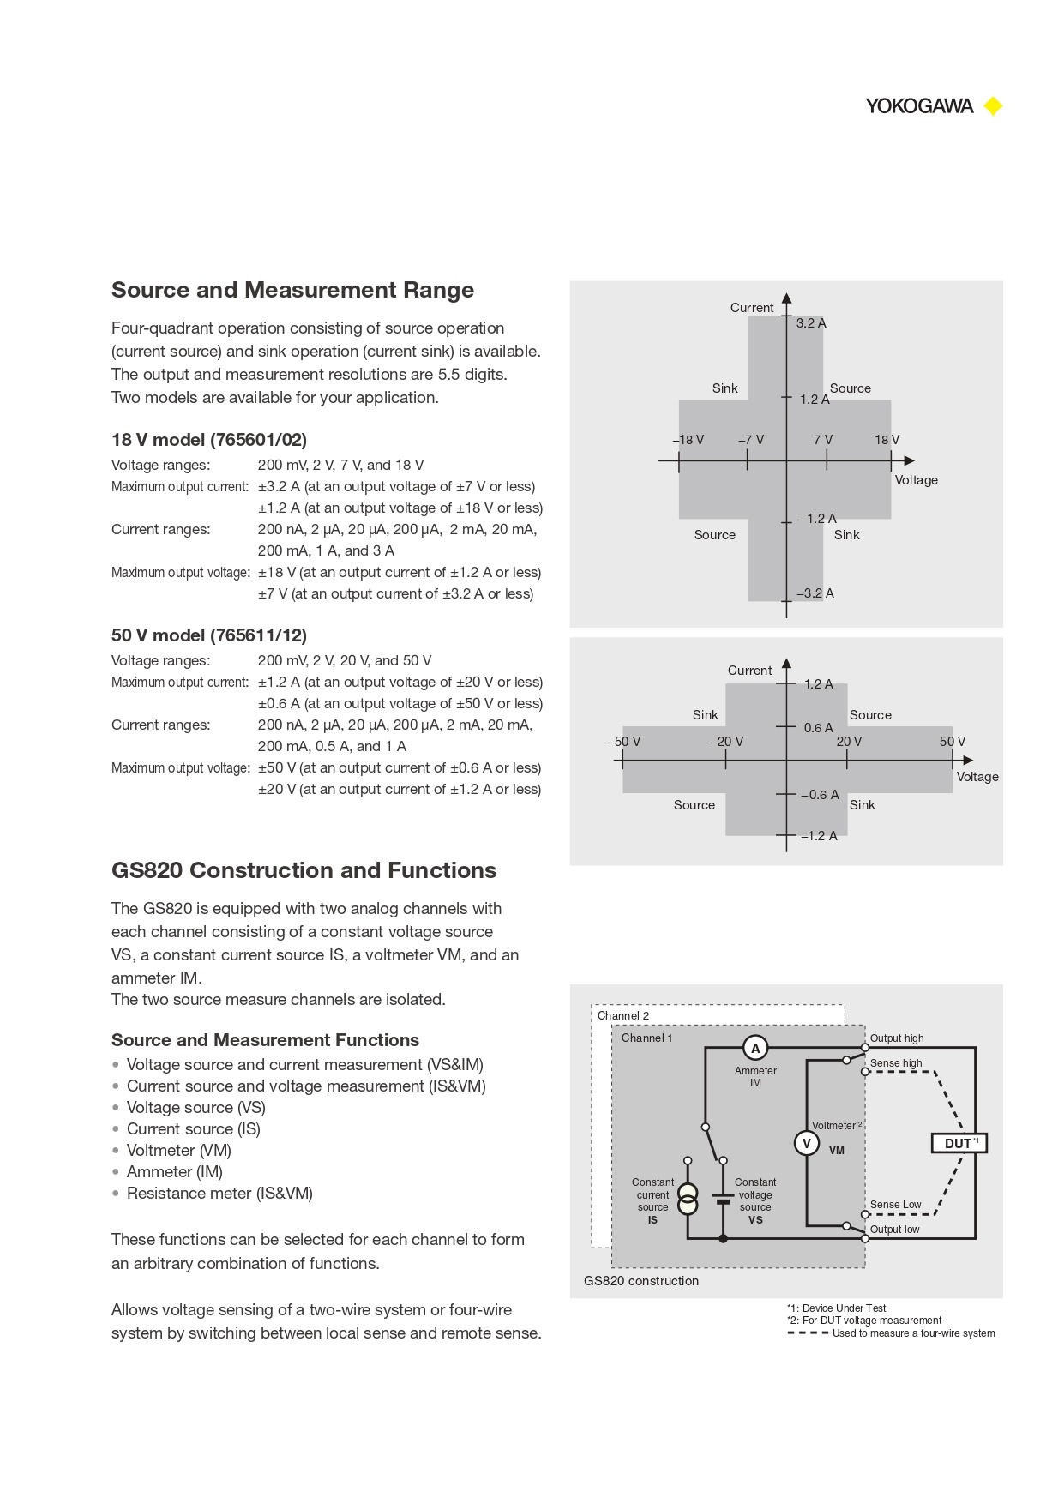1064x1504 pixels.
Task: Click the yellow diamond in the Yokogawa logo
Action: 993,106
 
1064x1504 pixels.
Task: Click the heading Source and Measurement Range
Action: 292,290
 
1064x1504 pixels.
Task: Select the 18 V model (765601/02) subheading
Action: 208,440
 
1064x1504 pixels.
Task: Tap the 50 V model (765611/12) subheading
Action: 208,635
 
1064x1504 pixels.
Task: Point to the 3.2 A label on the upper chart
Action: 810,323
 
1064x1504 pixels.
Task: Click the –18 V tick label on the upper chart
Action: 688,440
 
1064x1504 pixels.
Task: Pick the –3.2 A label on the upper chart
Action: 815,593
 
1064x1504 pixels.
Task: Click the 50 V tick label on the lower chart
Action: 952,742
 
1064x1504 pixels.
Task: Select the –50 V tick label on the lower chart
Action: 623,742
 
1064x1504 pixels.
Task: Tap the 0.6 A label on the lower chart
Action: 818,728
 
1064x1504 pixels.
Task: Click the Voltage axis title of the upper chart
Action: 916,480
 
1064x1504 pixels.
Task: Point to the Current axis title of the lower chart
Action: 749,671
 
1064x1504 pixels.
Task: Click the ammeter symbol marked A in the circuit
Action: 755,1048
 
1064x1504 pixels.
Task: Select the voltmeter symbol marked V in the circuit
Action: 806,1143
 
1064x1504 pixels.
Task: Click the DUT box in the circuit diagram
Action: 959,1143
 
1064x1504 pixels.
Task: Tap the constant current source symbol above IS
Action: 688,1199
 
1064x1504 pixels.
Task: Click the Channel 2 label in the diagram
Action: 623,1016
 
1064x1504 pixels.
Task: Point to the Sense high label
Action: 896,1063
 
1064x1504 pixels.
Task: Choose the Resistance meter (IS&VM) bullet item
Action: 219,1194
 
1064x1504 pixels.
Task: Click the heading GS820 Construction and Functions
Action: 304,870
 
